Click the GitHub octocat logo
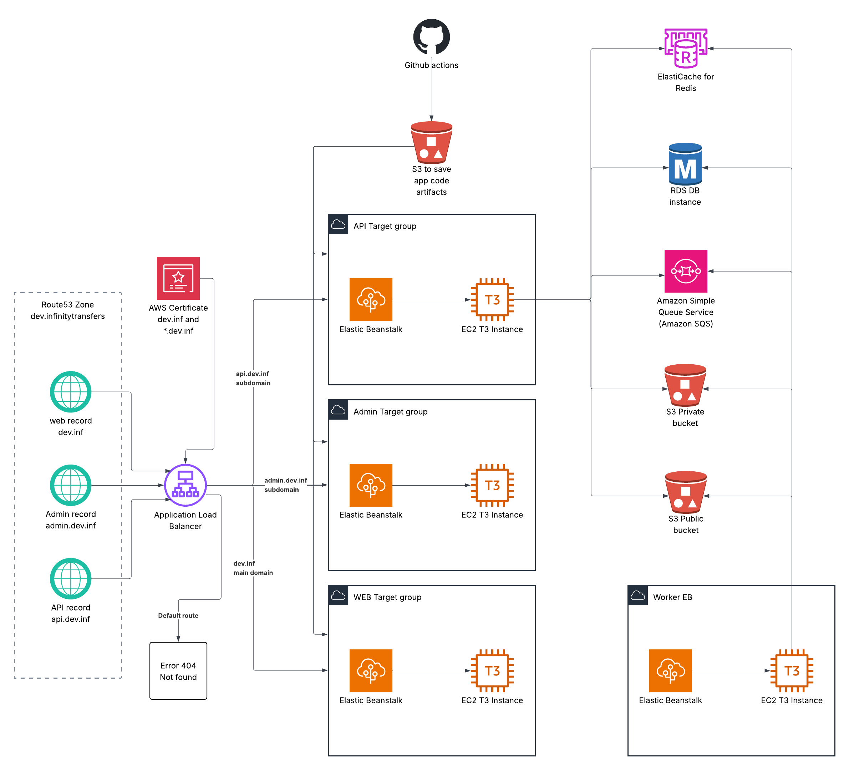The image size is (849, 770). [431, 37]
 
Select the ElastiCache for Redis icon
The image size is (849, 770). [686, 48]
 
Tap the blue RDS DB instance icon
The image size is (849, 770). [685, 164]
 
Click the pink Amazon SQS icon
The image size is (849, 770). [686, 271]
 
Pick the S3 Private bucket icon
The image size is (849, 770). [685, 385]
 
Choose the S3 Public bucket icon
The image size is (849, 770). [686, 492]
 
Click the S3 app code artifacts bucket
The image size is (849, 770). [431, 142]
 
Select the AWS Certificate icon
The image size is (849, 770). [178, 278]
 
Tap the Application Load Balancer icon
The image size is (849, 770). [185, 485]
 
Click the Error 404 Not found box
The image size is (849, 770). [178, 670]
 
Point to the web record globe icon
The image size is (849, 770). [71, 392]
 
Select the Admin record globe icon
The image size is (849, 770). [71, 485]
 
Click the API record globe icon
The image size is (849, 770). [71, 579]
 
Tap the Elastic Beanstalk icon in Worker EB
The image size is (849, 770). [670, 670]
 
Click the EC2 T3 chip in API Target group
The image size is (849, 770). [492, 299]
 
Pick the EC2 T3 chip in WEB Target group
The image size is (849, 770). [492, 670]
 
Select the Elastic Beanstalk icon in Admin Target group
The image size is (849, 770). [371, 485]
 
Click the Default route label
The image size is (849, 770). [178, 616]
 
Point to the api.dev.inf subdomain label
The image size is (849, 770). [253, 378]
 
